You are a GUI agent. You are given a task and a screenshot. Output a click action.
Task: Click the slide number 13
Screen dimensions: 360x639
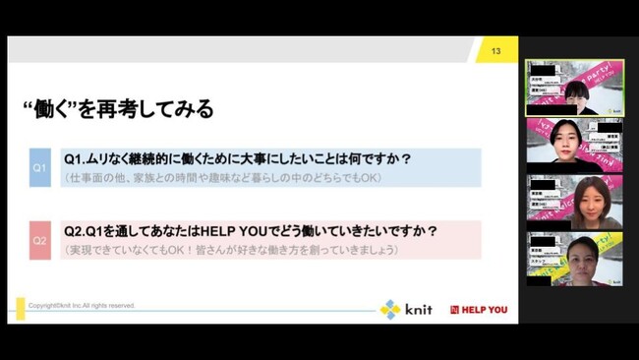(x=496, y=50)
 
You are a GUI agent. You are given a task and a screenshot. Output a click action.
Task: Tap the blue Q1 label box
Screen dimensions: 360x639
(x=39, y=167)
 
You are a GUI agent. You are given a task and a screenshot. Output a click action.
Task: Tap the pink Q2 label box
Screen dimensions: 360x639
(x=39, y=240)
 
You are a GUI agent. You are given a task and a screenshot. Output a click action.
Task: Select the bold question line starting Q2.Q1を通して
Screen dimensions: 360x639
(x=250, y=232)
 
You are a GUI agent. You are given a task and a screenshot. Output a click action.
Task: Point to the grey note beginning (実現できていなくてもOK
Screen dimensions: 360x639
(x=230, y=250)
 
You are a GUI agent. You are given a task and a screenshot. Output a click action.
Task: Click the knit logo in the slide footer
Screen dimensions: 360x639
(x=406, y=309)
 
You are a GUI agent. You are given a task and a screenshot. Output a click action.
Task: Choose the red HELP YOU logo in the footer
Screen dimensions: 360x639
(x=479, y=310)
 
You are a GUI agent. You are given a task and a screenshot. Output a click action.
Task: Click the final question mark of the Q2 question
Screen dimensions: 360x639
(x=433, y=232)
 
